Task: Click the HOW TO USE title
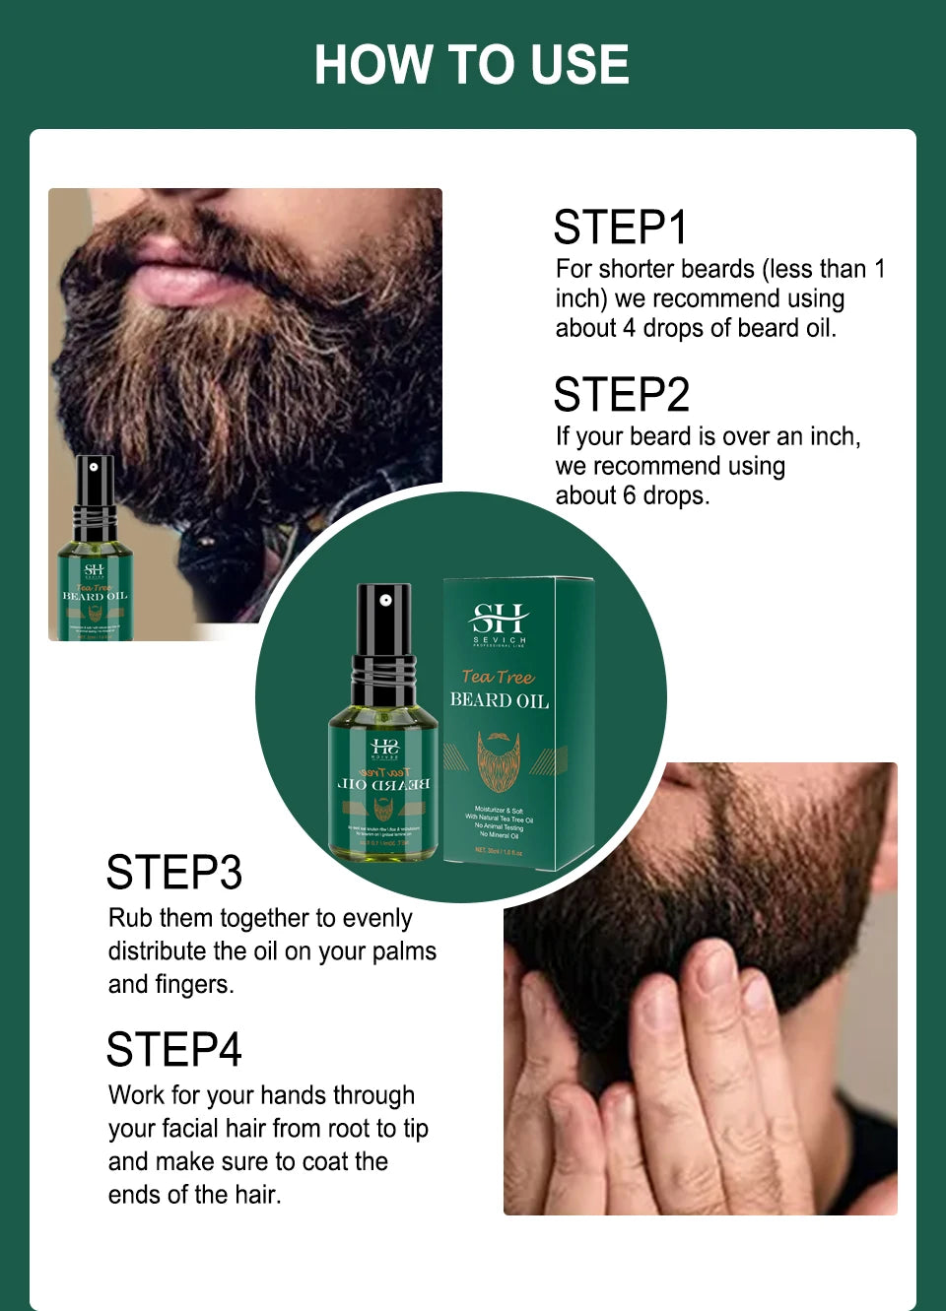click(x=471, y=65)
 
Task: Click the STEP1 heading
click(x=620, y=228)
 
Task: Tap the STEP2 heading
click(x=621, y=395)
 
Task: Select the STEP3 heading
click(x=173, y=873)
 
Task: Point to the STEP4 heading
click(x=173, y=1050)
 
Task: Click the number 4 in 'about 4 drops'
click(x=629, y=328)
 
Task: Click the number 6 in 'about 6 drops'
click(x=629, y=495)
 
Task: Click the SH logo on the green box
click(x=500, y=620)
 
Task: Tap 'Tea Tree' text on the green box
click(x=498, y=677)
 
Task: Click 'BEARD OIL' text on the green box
click(x=499, y=700)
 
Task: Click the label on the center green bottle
click(x=383, y=788)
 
